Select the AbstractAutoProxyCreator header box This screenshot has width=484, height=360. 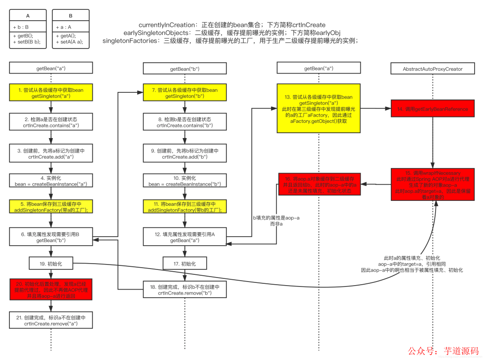point(432,69)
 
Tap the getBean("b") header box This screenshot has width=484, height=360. point(185,69)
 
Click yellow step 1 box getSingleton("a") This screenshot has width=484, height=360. point(51,93)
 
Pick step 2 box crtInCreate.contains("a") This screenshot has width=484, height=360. point(51,122)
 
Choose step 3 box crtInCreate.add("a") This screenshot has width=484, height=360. point(51,154)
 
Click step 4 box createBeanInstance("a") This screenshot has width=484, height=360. point(51,181)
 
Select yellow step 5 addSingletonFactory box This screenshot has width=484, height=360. point(51,207)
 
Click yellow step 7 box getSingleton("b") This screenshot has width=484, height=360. point(185,93)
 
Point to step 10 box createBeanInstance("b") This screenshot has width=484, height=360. point(185,181)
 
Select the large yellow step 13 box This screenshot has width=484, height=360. point(319,108)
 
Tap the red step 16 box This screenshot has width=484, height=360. point(320,184)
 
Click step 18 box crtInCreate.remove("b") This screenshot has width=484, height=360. point(185,289)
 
